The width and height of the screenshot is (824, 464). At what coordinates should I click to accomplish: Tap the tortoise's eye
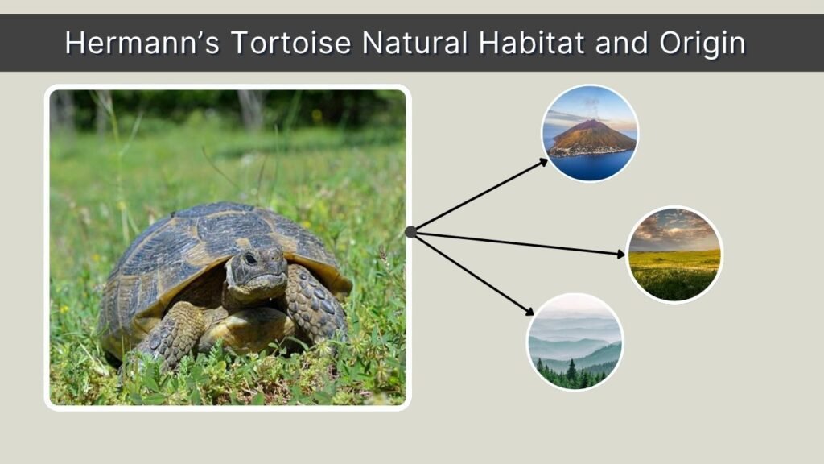pyautogui.click(x=250, y=259)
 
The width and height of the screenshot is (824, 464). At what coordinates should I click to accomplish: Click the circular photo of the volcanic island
pyautogui.click(x=589, y=134)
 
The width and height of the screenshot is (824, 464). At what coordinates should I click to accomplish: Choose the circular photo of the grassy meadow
pyautogui.click(x=674, y=255)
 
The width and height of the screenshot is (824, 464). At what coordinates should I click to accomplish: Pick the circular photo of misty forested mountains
pyautogui.click(x=575, y=342)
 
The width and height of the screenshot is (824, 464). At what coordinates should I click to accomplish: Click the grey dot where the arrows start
pyautogui.click(x=410, y=232)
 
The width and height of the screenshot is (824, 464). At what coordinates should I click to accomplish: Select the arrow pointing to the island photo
pyautogui.click(x=481, y=195)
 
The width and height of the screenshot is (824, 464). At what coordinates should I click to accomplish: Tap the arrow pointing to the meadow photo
pyautogui.click(x=519, y=243)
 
